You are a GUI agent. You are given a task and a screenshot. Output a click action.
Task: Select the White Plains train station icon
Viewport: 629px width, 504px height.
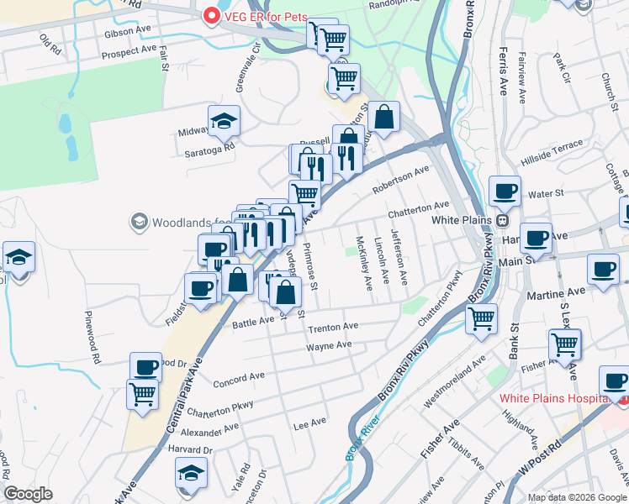(x=502, y=220)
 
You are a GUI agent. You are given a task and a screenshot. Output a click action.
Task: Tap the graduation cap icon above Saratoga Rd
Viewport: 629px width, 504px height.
(x=225, y=121)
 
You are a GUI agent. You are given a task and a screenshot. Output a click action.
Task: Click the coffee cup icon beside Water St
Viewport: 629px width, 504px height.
(x=505, y=191)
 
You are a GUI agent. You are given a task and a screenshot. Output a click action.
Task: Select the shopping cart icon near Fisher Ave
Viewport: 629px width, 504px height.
(x=564, y=344)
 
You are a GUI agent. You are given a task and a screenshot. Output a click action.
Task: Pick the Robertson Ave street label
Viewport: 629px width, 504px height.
(x=401, y=178)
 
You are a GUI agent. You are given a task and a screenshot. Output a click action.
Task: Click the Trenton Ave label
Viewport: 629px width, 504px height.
(x=333, y=327)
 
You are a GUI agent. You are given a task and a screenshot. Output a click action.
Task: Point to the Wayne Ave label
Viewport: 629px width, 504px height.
(x=329, y=346)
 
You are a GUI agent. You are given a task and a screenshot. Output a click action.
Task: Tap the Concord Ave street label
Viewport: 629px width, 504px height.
(x=239, y=379)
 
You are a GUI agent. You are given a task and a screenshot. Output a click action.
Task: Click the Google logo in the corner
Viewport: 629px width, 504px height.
(x=28, y=494)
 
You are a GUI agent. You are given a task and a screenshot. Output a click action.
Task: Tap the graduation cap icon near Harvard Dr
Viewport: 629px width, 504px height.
(x=192, y=473)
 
